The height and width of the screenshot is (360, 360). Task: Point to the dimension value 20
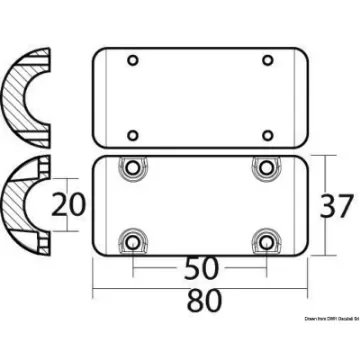(66, 206)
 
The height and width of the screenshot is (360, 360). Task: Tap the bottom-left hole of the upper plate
(133, 132)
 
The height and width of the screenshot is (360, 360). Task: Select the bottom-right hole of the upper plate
(266, 132)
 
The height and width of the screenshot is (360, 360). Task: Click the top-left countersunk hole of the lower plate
(130, 170)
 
